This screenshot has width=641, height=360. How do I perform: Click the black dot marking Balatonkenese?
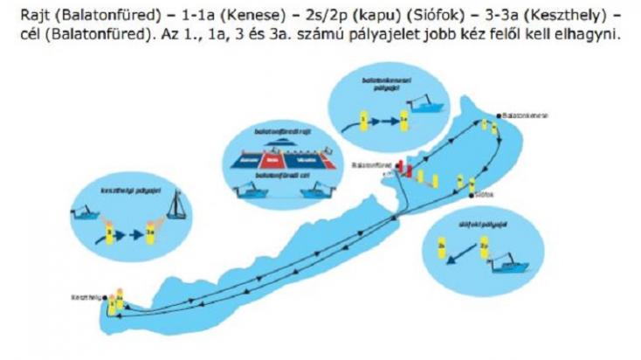click(x=498, y=115)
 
